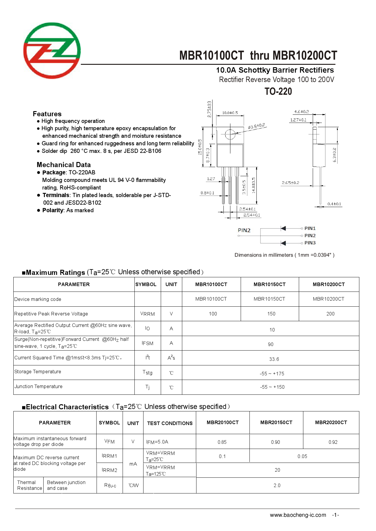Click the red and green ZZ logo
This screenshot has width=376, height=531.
click(x=52, y=51)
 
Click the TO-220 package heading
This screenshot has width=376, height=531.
click(x=278, y=91)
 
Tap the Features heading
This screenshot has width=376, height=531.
click(x=47, y=114)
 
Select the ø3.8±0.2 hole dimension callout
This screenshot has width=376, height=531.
click(x=256, y=126)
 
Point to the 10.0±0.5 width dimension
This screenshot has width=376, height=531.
click(x=230, y=113)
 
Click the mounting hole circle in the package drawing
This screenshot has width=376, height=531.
click(x=230, y=134)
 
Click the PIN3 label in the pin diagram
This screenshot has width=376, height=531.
click(x=310, y=243)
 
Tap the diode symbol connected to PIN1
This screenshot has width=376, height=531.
click(x=283, y=228)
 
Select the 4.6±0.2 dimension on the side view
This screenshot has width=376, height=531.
click(x=302, y=112)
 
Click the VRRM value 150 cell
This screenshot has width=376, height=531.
click(x=271, y=314)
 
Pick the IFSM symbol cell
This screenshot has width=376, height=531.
click(x=147, y=343)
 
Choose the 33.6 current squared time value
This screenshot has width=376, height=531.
click(x=274, y=359)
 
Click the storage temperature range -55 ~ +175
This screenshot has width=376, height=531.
click(x=272, y=374)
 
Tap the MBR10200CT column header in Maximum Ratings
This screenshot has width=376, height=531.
click(x=328, y=284)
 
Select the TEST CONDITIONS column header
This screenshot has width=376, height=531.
click(x=170, y=423)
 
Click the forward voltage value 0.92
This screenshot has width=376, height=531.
click(x=333, y=442)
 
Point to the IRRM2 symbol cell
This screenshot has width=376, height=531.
click(x=109, y=470)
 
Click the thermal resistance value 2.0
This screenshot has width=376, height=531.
click(x=277, y=485)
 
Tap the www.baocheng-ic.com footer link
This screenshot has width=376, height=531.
click(x=298, y=515)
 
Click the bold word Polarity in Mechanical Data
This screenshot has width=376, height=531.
click(x=53, y=210)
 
